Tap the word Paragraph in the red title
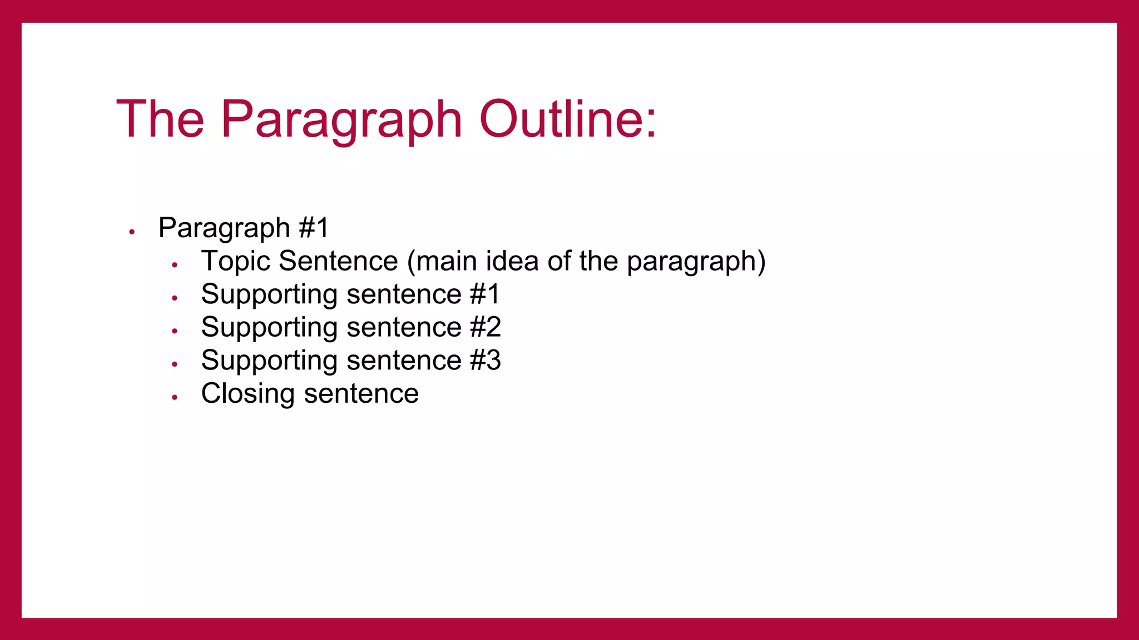tap(341, 119)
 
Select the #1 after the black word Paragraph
tap(314, 228)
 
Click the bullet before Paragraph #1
tap(132, 232)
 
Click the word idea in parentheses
tap(512, 261)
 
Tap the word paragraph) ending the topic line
tap(696, 262)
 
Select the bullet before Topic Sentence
tap(175, 265)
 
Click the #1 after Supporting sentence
tap(484, 294)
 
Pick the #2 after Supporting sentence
tap(485, 327)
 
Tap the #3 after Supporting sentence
tap(485, 360)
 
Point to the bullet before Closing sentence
tap(175, 397)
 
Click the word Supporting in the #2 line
tap(269, 328)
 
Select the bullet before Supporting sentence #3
tap(175, 364)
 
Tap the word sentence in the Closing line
tap(361, 394)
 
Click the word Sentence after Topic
tap(338, 261)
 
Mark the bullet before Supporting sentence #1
tap(175, 298)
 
